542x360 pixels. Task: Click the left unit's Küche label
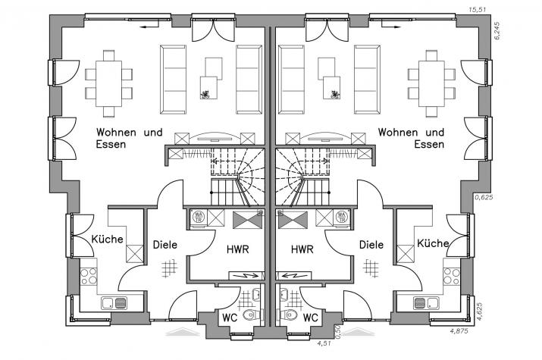point(107,239)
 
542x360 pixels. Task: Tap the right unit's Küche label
point(433,243)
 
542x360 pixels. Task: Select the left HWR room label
point(238,249)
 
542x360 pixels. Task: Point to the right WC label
point(310,318)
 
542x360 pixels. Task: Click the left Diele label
point(165,245)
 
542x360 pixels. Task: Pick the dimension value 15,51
point(477,10)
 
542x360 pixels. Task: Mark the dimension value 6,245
point(497,31)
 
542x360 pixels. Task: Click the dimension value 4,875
point(459,331)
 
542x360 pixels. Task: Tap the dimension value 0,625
point(484,197)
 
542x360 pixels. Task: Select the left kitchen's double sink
point(114,303)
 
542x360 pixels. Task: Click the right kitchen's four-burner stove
point(452,277)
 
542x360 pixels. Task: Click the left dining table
point(109,83)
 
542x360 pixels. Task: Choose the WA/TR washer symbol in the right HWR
point(342,218)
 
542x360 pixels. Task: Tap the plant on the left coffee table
point(205,94)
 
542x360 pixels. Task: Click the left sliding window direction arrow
point(148,27)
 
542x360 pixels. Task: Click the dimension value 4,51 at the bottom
point(324,343)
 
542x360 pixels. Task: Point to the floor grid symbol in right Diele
point(371,268)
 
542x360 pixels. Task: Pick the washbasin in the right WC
point(284,294)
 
